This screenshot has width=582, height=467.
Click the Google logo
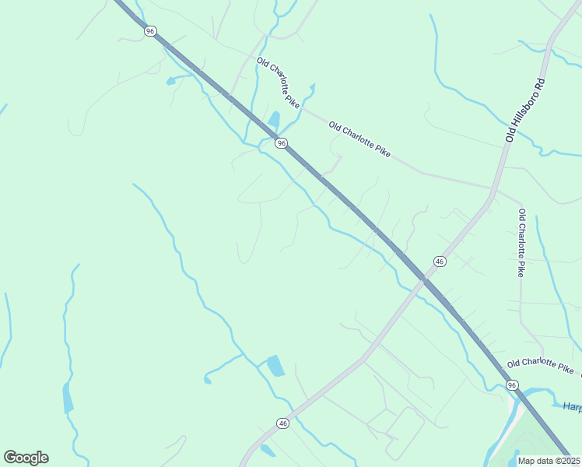[26, 458]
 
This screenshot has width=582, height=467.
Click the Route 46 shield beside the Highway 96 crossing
[440, 262]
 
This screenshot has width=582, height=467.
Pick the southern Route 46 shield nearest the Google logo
[282, 423]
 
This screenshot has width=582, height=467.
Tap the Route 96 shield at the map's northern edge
[150, 30]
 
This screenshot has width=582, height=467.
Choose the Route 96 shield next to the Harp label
[511, 385]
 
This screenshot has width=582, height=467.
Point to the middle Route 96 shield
[281, 142]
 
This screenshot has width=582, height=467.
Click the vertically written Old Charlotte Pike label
[521, 243]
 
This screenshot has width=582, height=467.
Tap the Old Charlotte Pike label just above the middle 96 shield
[279, 82]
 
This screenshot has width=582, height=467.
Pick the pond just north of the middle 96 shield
[274, 121]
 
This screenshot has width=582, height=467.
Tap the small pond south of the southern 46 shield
[268, 451]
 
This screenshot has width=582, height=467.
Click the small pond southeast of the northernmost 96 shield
[171, 80]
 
